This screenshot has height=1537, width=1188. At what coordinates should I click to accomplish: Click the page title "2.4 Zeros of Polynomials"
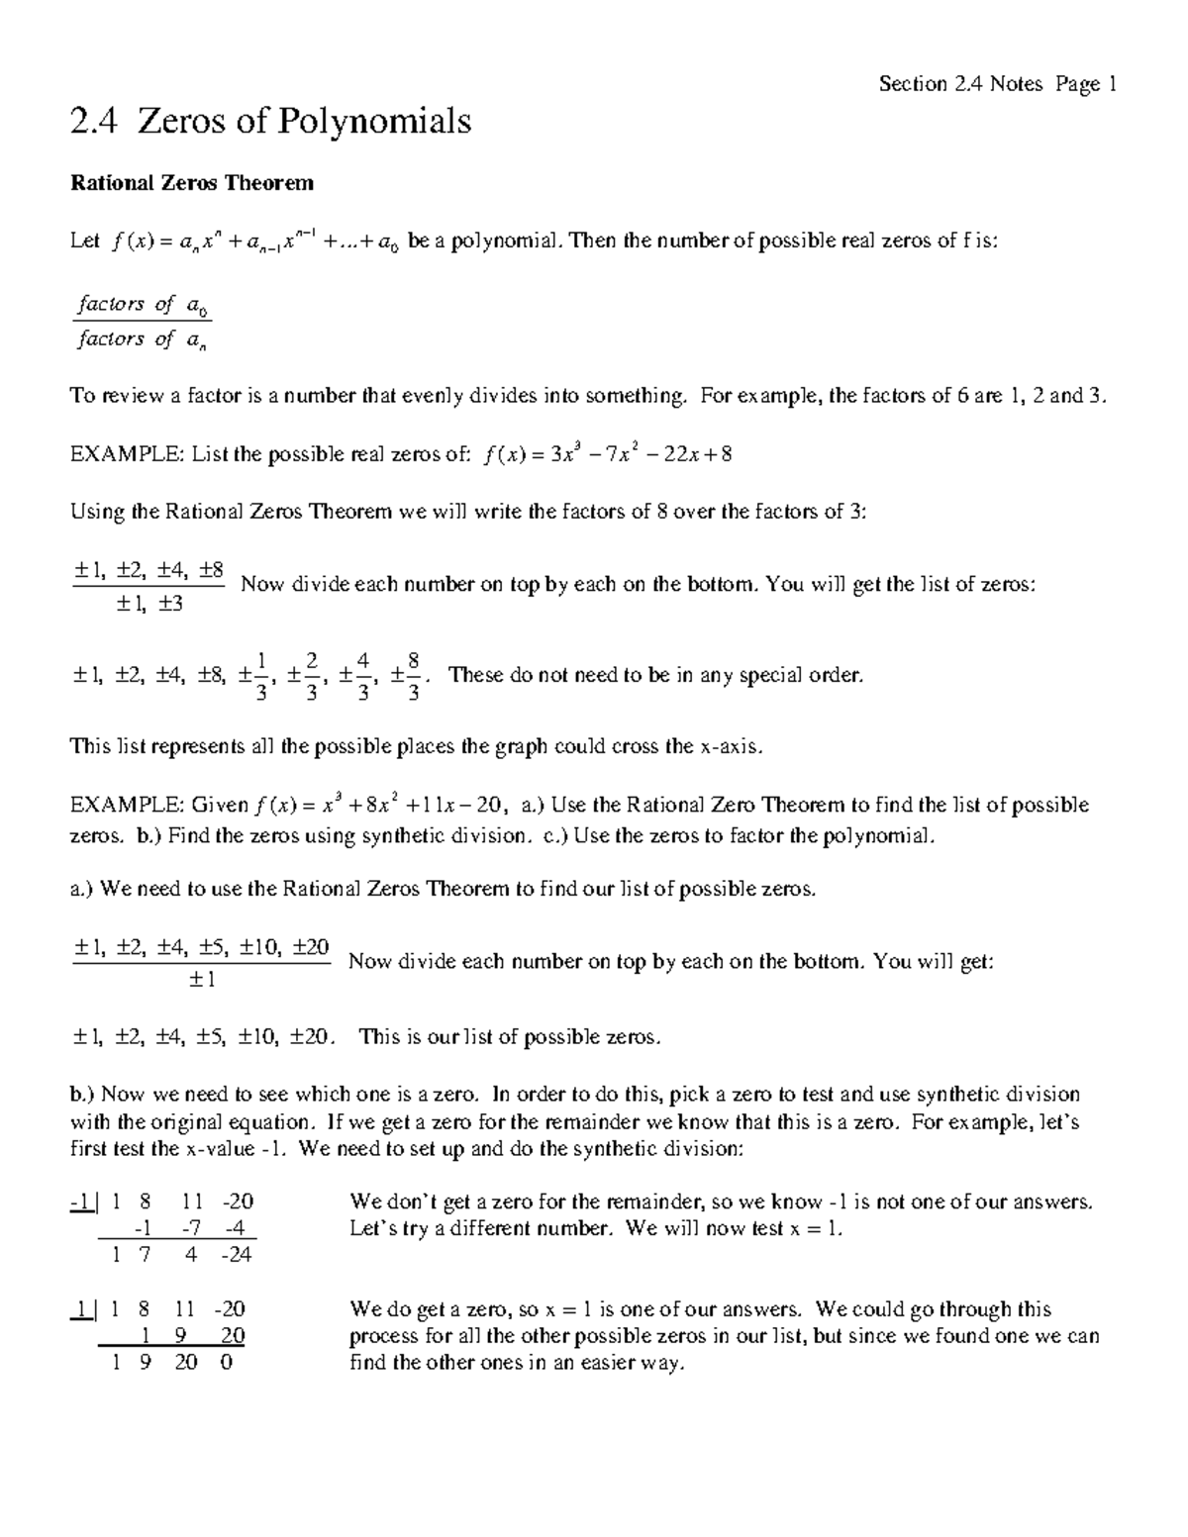[270, 122]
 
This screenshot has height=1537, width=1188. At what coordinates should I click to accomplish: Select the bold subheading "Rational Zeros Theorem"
[191, 183]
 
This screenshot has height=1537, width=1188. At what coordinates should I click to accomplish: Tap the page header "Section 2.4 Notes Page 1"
[997, 84]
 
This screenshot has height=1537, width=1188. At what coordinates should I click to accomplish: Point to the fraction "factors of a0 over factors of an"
[144, 322]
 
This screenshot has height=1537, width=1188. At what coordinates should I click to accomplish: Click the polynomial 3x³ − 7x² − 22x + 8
[609, 454]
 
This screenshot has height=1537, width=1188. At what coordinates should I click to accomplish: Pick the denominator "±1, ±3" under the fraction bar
[148, 603]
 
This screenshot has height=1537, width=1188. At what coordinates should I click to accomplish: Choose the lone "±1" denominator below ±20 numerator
[201, 979]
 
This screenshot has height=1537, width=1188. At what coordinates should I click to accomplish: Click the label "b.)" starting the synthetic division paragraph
[83, 1095]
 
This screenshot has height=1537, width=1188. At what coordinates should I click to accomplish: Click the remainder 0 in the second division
[227, 1363]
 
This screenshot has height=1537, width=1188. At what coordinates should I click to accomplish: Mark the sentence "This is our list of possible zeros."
[509, 1037]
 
